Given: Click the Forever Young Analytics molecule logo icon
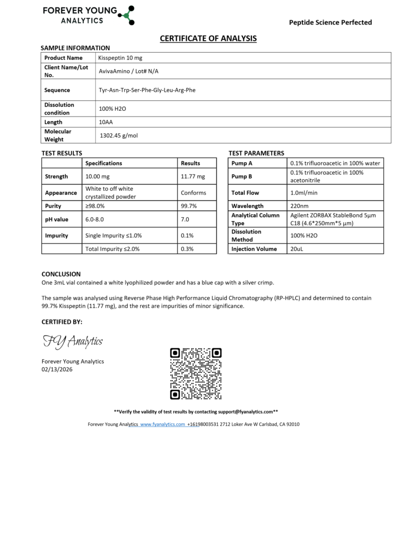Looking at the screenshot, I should [127, 15].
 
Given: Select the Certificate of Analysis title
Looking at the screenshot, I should [208, 38].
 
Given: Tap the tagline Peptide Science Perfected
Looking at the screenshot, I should [331, 22].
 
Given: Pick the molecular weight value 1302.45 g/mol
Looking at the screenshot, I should [119, 136].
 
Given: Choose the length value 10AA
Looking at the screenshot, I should [106, 122].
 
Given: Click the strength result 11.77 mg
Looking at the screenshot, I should [193, 176].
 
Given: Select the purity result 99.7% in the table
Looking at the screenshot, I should [189, 206].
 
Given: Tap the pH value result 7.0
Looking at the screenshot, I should [185, 219].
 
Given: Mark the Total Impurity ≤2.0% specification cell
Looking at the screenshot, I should [112, 248].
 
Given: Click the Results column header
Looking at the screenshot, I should [190, 163].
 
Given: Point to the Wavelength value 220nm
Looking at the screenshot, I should [299, 206].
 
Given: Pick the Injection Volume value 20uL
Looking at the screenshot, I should [296, 249].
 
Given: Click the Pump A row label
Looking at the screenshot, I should [242, 163].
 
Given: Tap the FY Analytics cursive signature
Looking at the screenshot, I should [72, 342].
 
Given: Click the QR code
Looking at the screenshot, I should [196, 373].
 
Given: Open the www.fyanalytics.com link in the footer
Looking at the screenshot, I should [163, 424].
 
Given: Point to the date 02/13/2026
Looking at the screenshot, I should [57, 369].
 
